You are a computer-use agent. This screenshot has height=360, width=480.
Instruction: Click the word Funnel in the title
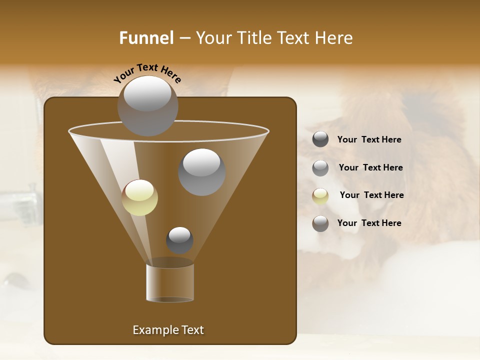point(146,38)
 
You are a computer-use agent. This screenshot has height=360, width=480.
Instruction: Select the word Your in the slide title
point(213,38)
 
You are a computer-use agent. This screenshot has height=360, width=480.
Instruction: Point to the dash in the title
point(184,38)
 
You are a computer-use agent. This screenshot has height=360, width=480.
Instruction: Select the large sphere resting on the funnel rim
point(147,106)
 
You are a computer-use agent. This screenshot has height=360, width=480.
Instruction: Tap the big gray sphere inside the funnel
point(201,172)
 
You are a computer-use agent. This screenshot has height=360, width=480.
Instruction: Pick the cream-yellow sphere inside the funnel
point(139,197)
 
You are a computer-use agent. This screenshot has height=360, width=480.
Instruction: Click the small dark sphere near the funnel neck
point(179,240)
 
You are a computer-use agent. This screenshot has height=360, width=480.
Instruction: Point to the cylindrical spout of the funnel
point(170,282)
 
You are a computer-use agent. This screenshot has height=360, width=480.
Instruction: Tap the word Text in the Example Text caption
point(191,330)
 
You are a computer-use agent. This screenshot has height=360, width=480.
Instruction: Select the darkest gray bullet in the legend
point(320,139)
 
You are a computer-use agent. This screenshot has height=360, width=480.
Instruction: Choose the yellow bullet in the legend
point(320,196)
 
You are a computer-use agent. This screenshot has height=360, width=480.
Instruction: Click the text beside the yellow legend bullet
point(371,195)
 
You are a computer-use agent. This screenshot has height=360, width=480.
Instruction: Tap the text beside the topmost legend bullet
point(369,139)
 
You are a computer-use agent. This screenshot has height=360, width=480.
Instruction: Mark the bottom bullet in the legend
point(320,223)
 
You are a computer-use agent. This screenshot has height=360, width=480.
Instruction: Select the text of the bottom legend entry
point(369,223)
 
